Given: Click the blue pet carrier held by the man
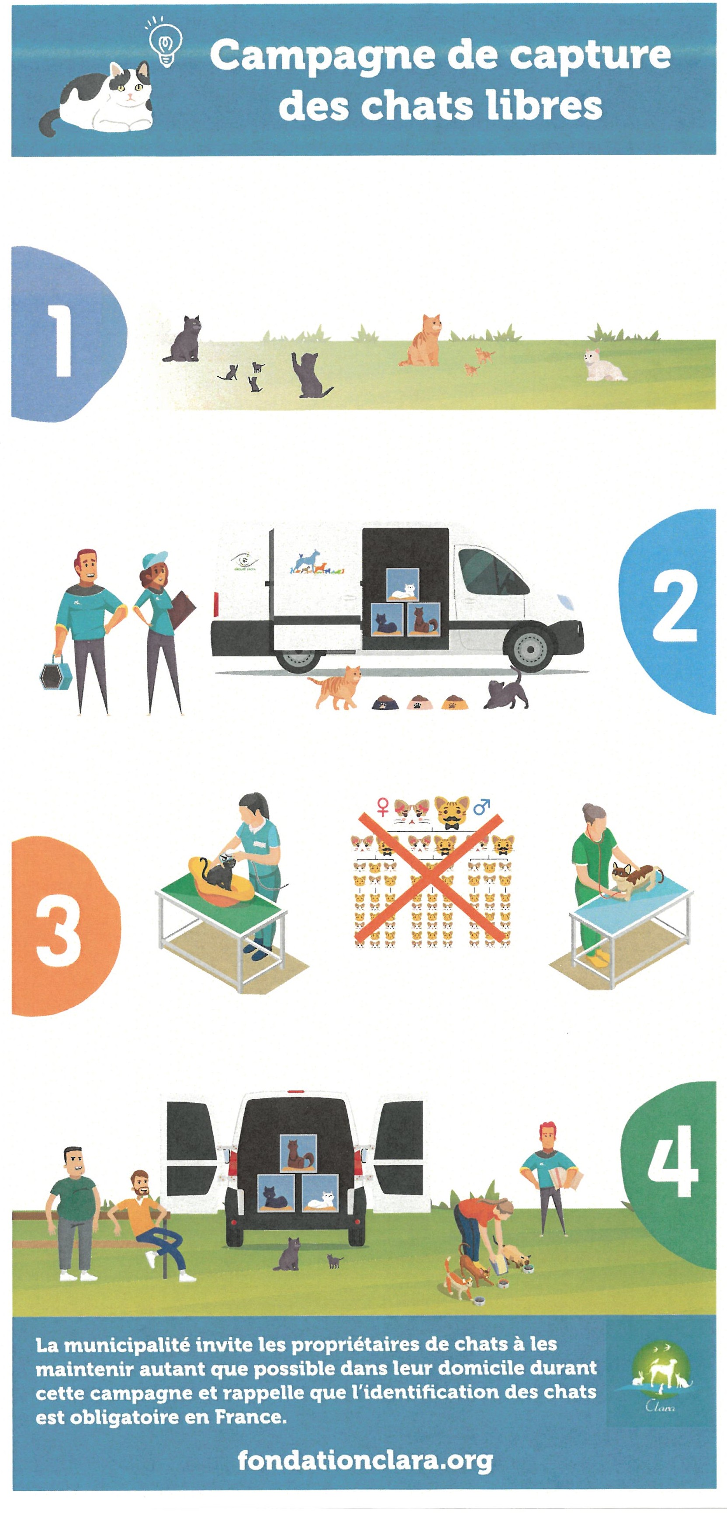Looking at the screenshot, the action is click(56, 673).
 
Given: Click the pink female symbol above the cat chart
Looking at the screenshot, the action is click(383, 806).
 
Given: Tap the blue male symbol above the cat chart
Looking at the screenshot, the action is click(482, 806).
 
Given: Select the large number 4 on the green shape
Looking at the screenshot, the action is click(673, 1160).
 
